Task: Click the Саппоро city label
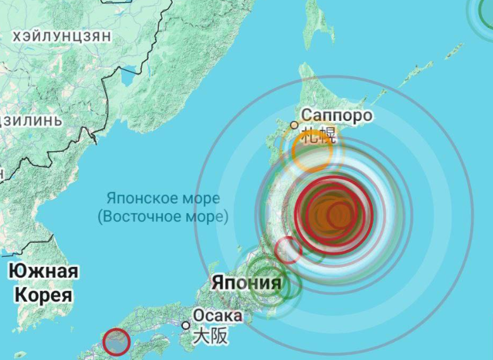pos(336,115)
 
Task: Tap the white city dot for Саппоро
pos(294,125)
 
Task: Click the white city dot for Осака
pos(185,325)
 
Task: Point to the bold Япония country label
pos(246,282)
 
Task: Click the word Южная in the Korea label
pos(43,272)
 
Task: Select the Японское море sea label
pos(163,198)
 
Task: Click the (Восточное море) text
pos(163,216)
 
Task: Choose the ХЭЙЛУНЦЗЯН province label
pos(61,37)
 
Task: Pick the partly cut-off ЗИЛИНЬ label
pos(32,120)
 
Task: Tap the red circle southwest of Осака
pos(116,342)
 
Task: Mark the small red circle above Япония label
pos(288,250)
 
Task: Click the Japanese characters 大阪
pos(209,336)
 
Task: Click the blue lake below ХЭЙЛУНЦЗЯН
pos(129,77)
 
